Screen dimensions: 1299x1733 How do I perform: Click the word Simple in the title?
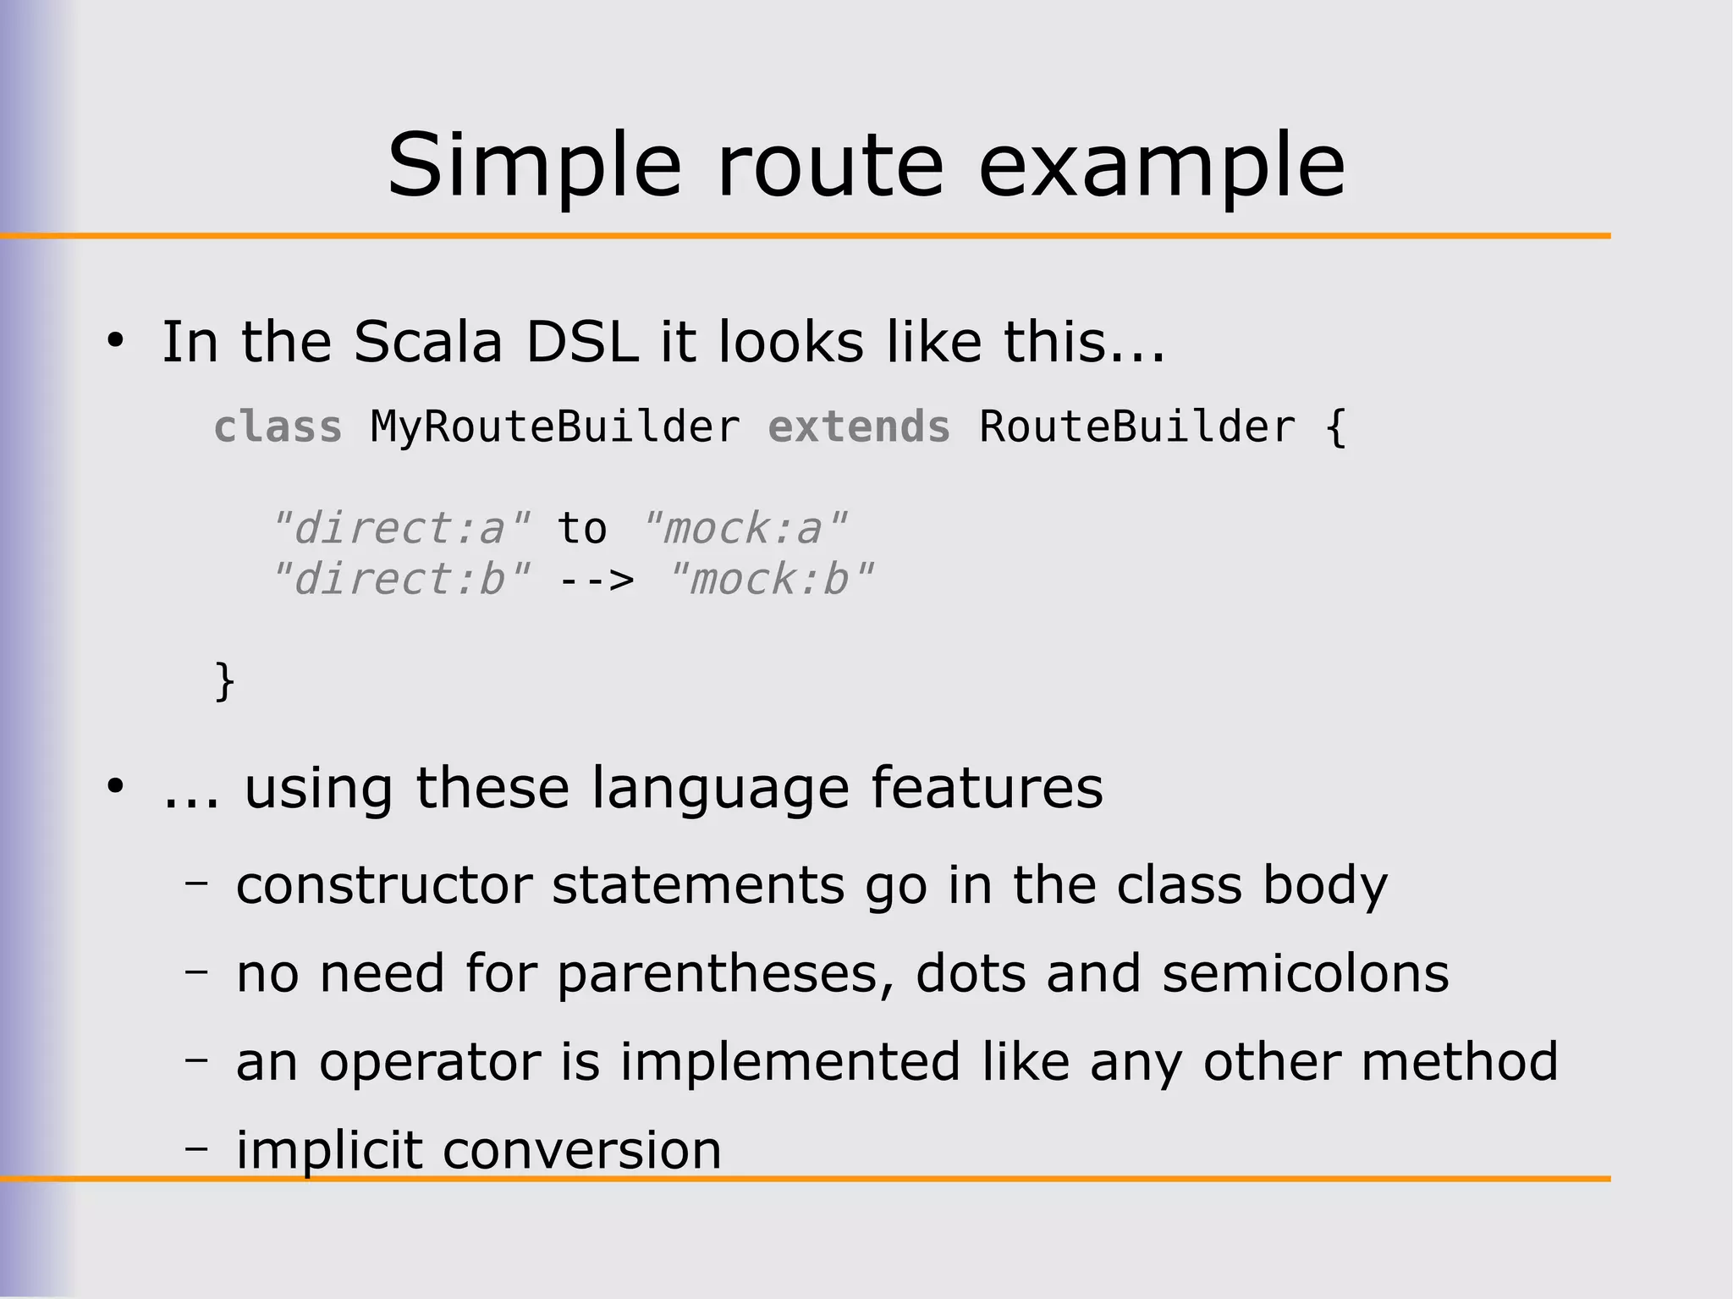(x=533, y=166)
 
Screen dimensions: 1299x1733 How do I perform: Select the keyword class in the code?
(x=278, y=427)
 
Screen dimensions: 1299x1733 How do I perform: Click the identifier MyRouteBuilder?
(x=555, y=427)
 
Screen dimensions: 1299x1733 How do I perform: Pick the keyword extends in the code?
(x=859, y=427)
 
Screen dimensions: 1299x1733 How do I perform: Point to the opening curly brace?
(x=1335, y=427)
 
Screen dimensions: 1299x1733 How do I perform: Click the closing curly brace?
(x=224, y=681)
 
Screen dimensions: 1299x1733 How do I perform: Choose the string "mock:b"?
(x=769, y=581)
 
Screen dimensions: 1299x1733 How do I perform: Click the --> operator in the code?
(x=596, y=581)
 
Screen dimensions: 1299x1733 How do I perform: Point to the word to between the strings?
(x=582, y=529)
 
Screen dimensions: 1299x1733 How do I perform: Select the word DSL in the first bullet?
(x=582, y=342)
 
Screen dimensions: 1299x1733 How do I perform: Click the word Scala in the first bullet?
(x=428, y=342)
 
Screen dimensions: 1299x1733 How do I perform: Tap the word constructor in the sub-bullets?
(x=383, y=886)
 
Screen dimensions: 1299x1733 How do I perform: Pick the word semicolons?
(x=1305, y=973)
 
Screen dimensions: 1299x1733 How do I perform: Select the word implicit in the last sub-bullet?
(x=328, y=1150)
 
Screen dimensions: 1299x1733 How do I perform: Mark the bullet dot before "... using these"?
(x=116, y=787)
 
